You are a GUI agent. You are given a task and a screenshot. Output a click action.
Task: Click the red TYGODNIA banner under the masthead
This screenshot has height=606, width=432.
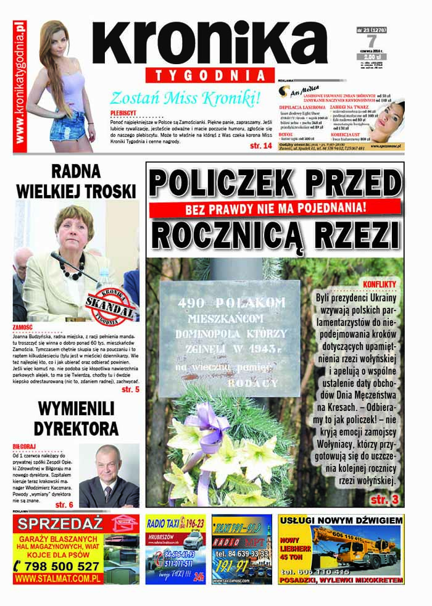[x=210, y=75]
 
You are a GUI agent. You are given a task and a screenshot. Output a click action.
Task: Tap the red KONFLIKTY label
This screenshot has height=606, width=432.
[x=380, y=284]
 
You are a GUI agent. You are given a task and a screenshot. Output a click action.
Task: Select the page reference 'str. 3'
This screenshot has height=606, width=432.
[x=386, y=498]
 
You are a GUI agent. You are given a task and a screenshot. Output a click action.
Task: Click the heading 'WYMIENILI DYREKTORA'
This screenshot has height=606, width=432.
[x=76, y=418]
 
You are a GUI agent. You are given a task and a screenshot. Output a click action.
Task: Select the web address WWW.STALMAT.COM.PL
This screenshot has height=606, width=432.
[x=58, y=579]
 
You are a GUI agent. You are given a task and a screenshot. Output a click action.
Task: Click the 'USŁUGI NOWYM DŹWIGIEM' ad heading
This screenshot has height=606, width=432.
[x=341, y=521]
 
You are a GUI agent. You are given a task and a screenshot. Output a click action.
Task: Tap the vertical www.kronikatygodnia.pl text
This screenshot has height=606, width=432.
[x=20, y=83]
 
